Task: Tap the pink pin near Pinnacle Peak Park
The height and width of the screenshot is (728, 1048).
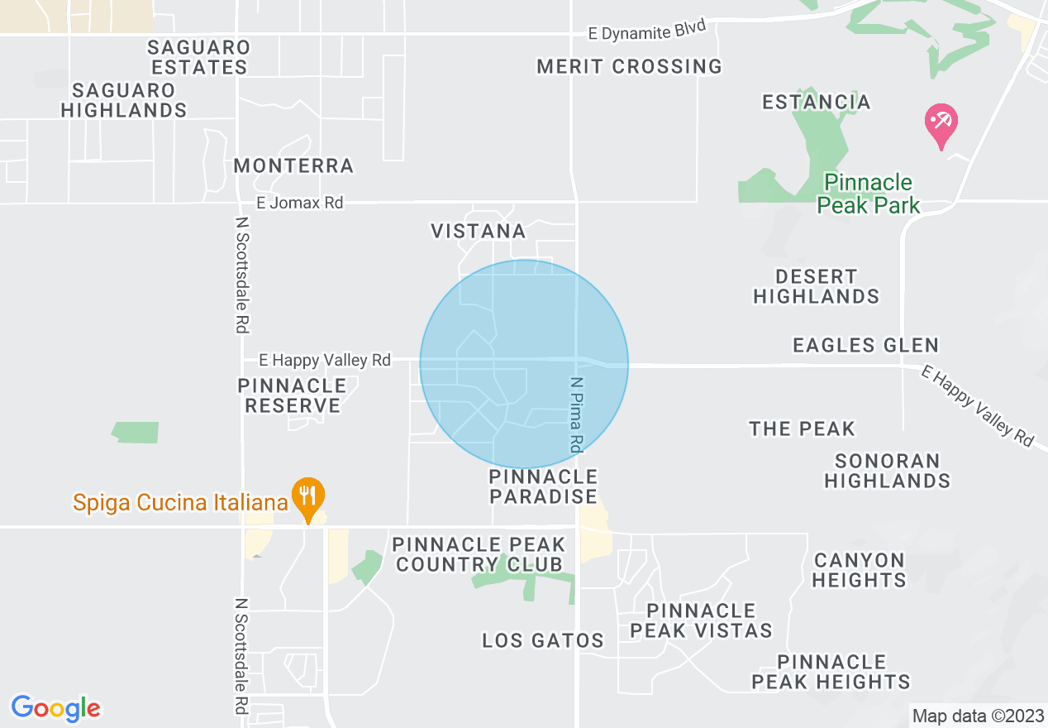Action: pyautogui.click(x=941, y=124)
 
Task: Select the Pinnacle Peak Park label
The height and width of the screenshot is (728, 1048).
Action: pyautogui.click(x=868, y=194)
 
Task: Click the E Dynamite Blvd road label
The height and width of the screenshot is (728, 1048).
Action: pyautogui.click(x=647, y=31)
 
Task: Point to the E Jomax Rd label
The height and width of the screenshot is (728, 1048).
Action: pyautogui.click(x=299, y=203)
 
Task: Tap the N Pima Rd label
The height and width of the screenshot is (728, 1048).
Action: pyautogui.click(x=577, y=414)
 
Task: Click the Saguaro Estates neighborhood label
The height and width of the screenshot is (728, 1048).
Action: pyautogui.click(x=199, y=57)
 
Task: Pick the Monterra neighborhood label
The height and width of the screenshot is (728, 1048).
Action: pyautogui.click(x=293, y=166)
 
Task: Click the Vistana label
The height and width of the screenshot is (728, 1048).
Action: pyautogui.click(x=479, y=232)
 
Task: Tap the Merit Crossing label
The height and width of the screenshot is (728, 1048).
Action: pyautogui.click(x=629, y=67)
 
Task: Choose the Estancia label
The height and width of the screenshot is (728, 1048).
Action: pyautogui.click(x=816, y=103)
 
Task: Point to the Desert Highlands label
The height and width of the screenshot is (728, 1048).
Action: pyautogui.click(x=816, y=286)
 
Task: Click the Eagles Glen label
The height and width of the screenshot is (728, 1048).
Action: pyautogui.click(x=865, y=345)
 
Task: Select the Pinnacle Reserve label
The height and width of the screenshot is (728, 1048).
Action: pyautogui.click(x=292, y=395)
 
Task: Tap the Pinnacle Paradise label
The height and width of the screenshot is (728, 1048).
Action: pyautogui.click(x=543, y=486)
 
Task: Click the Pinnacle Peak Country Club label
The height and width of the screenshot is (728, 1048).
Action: pyautogui.click(x=479, y=554)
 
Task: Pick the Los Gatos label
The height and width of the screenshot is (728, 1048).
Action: pyautogui.click(x=543, y=640)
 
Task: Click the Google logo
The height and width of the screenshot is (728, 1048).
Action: pyautogui.click(x=56, y=708)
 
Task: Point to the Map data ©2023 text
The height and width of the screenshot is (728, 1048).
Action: pyautogui.click(x=975, y=715)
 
